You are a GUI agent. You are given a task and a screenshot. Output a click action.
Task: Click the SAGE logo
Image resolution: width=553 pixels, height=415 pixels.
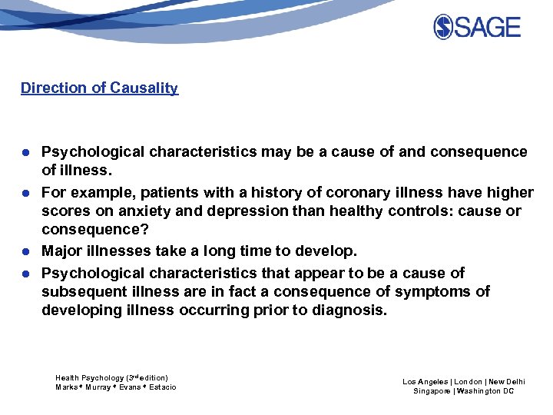pos(477,28)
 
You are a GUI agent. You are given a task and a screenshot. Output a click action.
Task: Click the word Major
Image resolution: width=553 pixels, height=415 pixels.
pos(62,251)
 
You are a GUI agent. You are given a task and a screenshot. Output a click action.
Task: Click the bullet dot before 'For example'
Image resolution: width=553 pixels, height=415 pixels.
pos(25,193)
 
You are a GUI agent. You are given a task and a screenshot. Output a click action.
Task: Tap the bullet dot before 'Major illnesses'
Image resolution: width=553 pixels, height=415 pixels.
pos(25,252)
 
